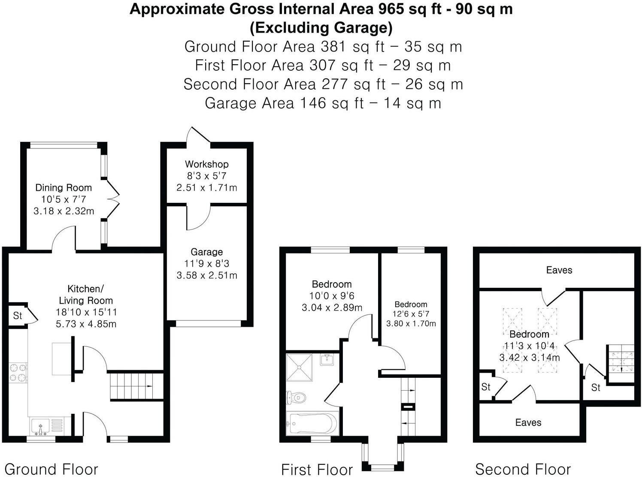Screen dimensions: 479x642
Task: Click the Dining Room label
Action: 64,187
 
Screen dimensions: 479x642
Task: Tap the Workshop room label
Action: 206,164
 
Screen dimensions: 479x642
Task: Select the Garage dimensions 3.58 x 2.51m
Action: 206,275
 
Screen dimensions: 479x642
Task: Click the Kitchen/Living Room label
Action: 86,294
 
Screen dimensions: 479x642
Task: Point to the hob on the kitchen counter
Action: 18,372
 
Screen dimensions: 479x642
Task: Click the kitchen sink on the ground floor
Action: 41,427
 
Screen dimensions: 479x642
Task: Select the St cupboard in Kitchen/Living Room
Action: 18,316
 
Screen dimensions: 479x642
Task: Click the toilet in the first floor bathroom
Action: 296,398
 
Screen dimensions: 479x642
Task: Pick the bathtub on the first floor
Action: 312,423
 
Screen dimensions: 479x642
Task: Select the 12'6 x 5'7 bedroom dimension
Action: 411,314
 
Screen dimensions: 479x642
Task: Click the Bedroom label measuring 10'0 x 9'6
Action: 331,284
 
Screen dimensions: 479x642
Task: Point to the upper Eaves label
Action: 559,270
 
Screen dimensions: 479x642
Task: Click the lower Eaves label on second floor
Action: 528,422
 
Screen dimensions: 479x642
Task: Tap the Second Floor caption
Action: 523,469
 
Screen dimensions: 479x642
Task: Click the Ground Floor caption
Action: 51,469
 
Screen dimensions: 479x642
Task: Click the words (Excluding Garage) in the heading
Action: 321,27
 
